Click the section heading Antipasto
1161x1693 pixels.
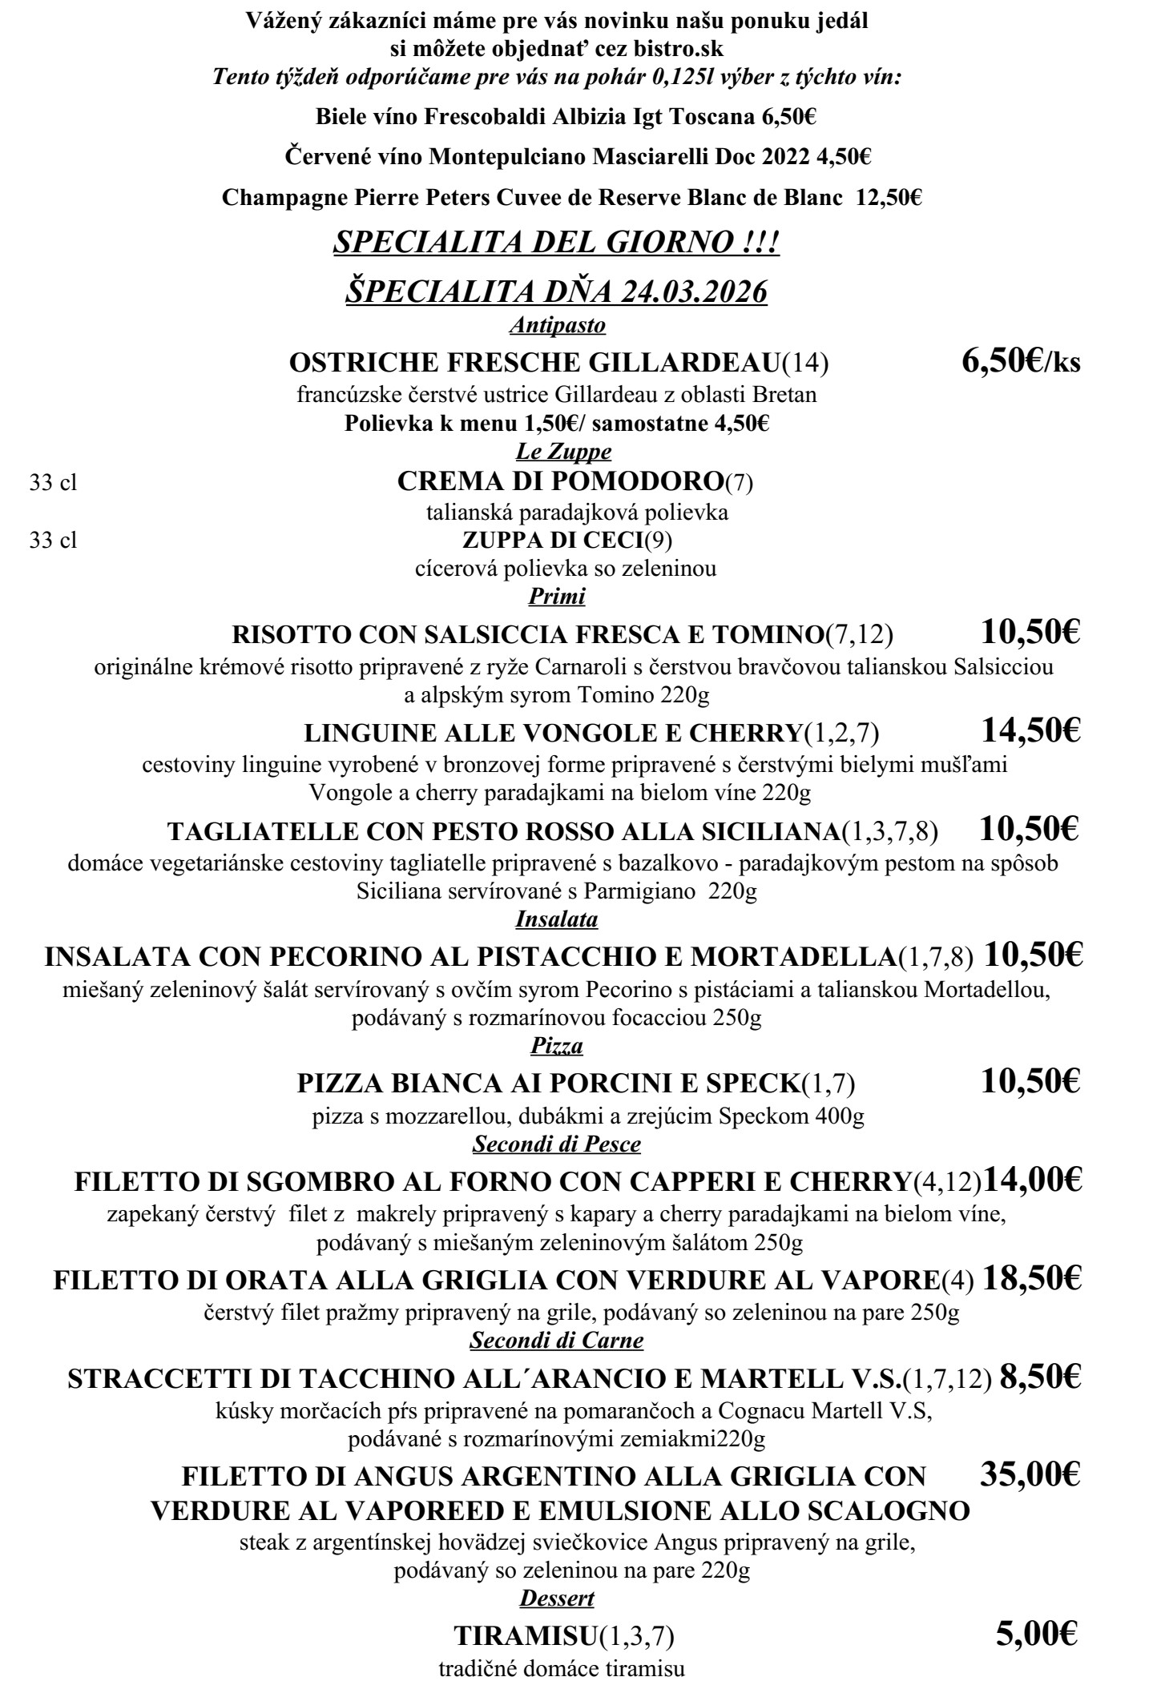tap(557, 325)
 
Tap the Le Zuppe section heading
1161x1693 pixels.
tap(563, 452)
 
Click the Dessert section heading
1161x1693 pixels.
tap(557, 1598)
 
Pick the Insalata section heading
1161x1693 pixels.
tap(557, 919)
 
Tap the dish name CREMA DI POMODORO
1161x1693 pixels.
tap(560, 481)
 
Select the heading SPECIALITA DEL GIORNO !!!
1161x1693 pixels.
tap(556, 243)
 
